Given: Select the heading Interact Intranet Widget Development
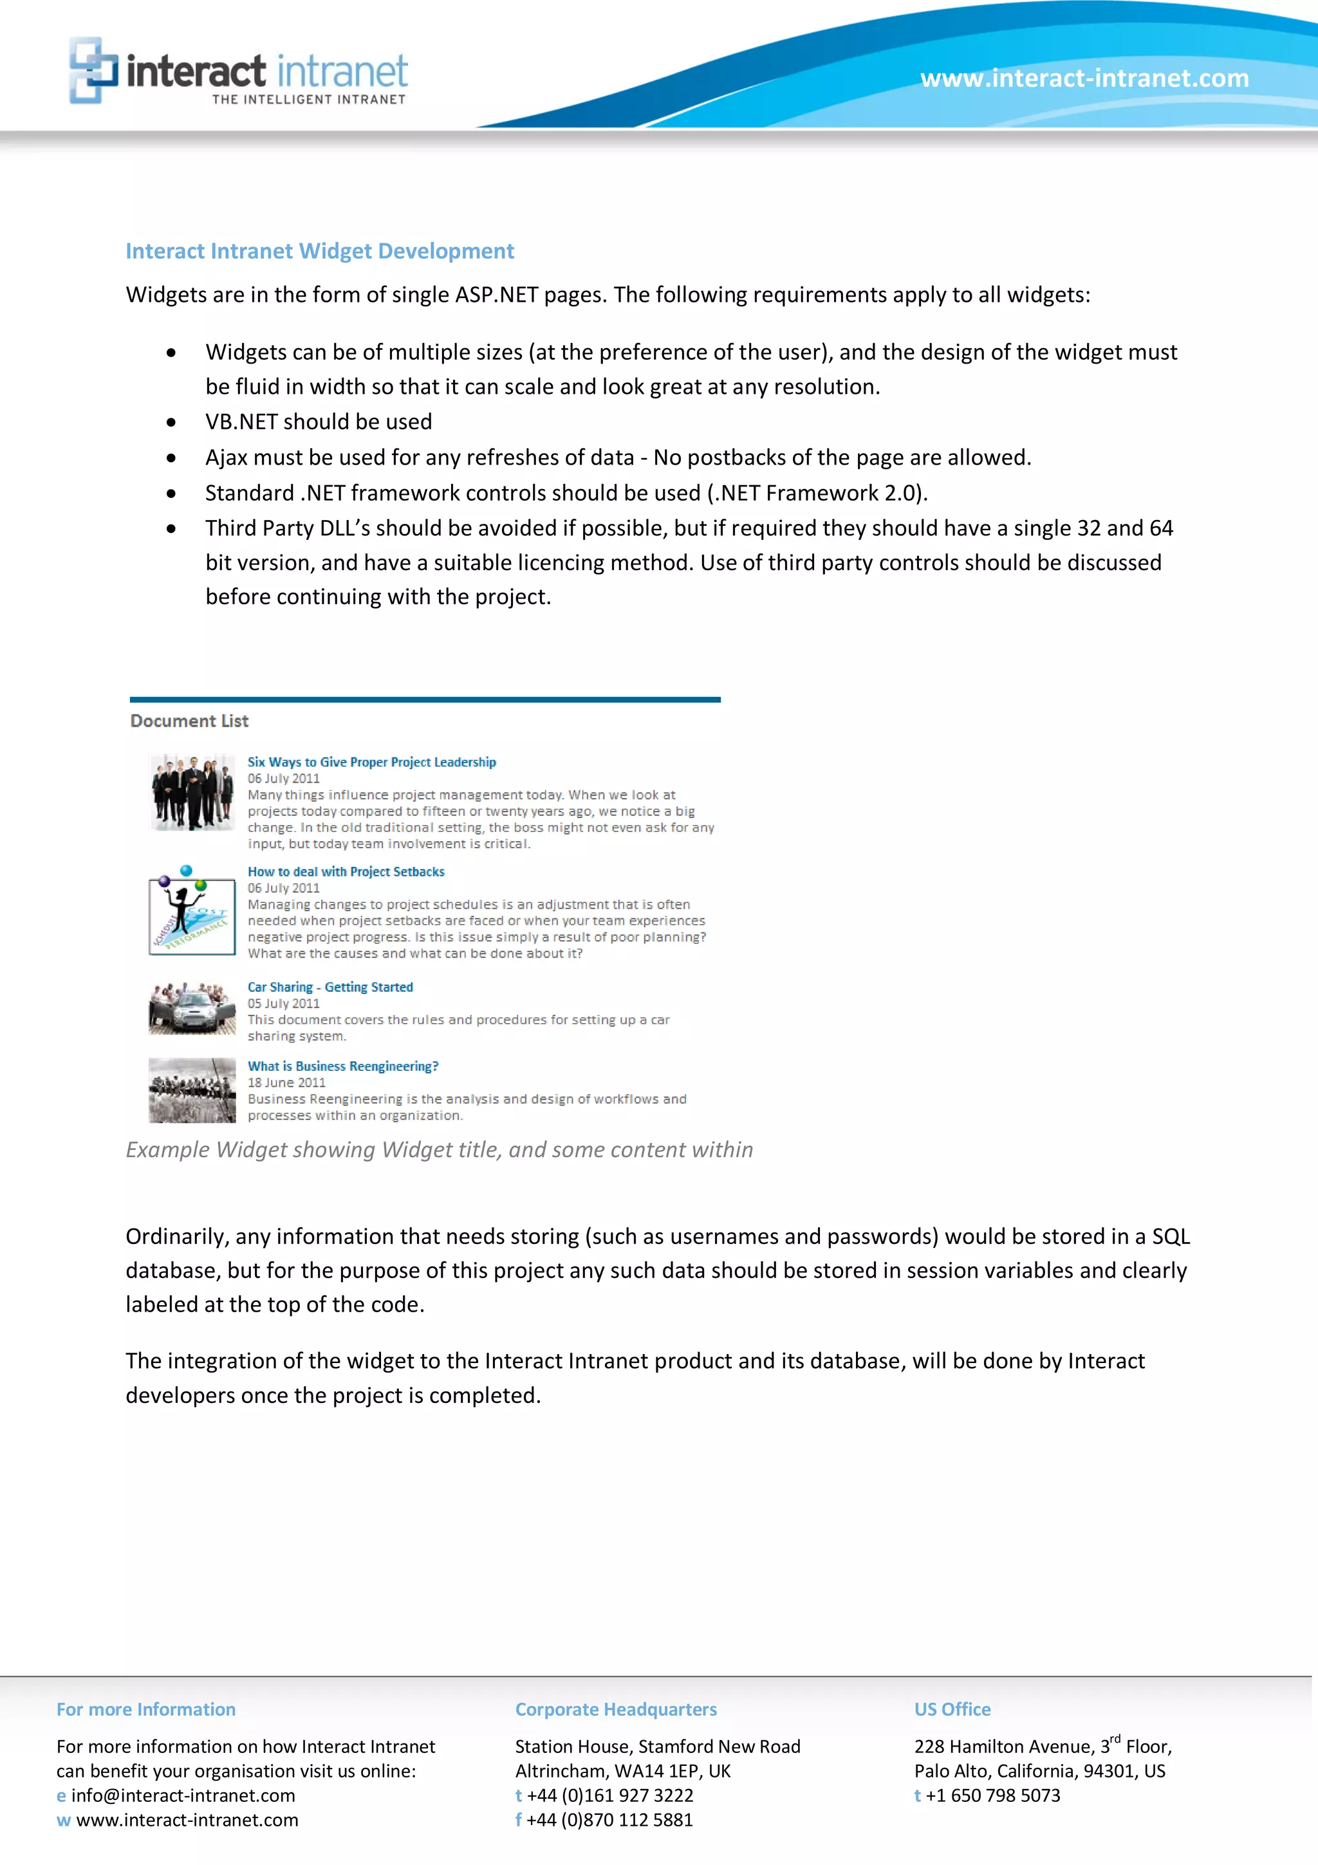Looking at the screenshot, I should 319,251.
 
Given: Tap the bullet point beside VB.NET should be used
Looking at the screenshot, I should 171,422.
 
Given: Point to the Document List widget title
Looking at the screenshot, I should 189,721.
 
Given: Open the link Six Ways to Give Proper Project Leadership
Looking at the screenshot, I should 371,762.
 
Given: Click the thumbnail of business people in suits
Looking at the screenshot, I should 192,792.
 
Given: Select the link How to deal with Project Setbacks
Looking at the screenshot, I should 346,871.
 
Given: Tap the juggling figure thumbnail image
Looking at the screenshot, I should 192,911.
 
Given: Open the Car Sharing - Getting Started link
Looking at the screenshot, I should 329,987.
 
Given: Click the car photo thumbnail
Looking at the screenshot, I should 192,1008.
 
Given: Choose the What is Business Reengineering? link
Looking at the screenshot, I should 343,1066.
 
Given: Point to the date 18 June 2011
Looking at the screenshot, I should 286,1083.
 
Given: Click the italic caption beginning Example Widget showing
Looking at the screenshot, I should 438,1149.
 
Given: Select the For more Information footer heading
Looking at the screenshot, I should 146,1709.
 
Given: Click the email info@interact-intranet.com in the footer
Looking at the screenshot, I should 183,1795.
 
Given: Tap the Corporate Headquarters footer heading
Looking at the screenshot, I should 615,1709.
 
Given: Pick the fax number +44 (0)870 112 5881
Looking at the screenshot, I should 609,1819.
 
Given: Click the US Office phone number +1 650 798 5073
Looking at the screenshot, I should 992,1795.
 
